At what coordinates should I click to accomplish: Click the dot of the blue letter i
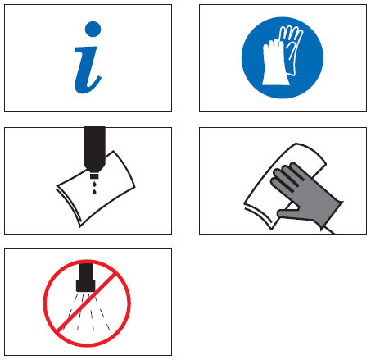click(93, 29)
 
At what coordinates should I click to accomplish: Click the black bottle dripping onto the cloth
click(94, 149)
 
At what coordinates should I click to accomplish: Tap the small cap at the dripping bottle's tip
click(94, 175)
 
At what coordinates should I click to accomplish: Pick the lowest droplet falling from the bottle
click(94, 192)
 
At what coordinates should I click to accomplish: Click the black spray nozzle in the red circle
click(86, 277)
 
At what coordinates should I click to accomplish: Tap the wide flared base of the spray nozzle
click(86, 286)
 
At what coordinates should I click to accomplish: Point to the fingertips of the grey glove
click(284, 171)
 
